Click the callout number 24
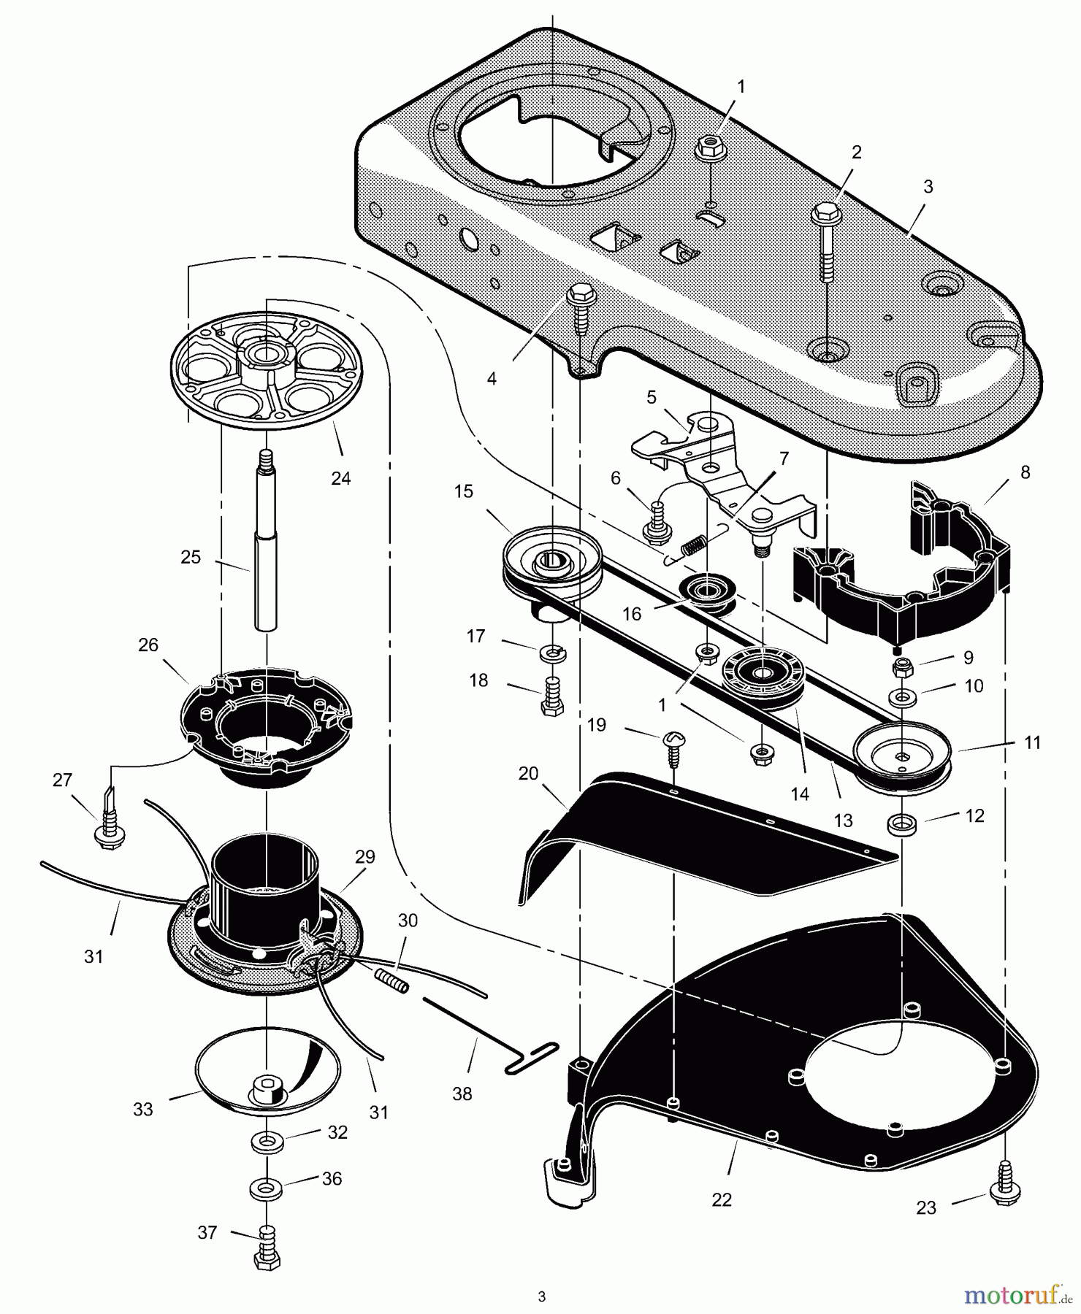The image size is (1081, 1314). tap(340, 478)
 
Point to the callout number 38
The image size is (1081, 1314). tap(462, 1094)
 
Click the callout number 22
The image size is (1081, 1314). tap(722, 1199)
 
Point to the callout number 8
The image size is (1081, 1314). tap(1025, 472)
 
